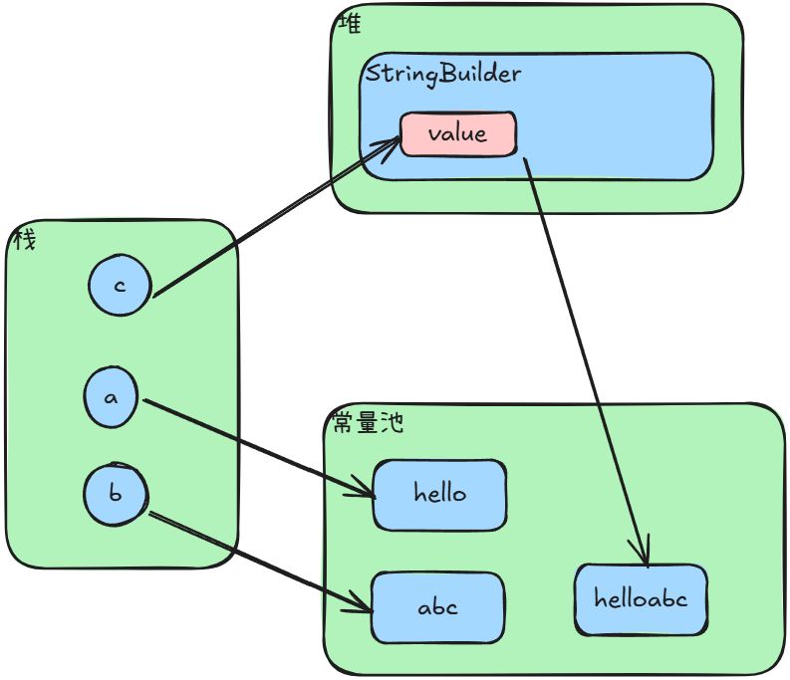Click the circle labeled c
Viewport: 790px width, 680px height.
(120, 286)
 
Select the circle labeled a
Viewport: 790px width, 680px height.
(112, 397)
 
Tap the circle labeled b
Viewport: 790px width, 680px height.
(115, 494)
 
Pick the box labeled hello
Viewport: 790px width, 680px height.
(439, 494)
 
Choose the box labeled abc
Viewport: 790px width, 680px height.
(437, 606)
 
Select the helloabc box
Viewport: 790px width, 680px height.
(641, 599)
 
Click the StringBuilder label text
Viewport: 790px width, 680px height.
(443, 75)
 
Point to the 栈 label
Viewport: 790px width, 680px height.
(24, 240)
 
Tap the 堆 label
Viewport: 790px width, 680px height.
(350, 23)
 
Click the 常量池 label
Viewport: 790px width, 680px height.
(368, 422)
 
